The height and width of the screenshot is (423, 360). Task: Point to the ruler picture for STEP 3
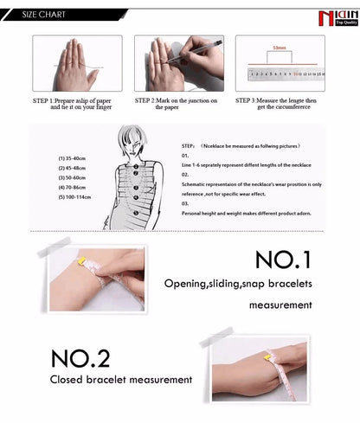280,64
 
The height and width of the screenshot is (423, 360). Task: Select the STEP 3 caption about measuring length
280,104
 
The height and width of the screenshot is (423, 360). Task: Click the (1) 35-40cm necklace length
74,159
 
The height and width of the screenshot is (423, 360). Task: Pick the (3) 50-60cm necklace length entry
74,177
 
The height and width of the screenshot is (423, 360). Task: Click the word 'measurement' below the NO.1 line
280,305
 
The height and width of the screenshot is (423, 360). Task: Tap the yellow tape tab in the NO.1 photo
81,260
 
